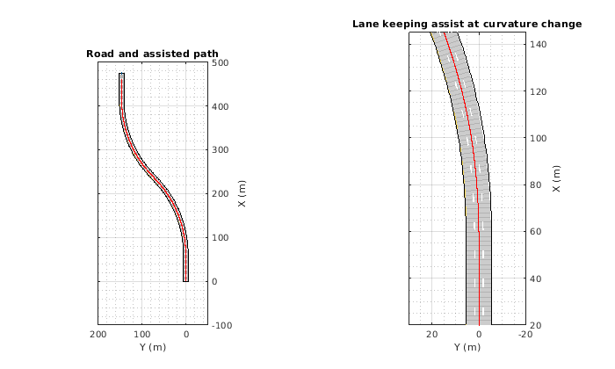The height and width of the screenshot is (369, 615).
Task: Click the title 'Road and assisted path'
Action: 152,54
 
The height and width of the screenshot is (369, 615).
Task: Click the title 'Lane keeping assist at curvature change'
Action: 467,24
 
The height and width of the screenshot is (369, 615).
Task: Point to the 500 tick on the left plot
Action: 221,63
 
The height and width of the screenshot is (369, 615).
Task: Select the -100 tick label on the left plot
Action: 222,325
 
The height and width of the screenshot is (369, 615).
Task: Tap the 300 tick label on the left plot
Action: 221,150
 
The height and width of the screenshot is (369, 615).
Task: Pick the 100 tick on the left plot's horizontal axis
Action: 142,335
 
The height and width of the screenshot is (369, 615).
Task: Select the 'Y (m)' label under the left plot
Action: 153,348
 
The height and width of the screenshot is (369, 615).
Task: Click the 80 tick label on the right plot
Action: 536,184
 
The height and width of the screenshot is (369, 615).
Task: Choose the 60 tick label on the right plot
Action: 536,232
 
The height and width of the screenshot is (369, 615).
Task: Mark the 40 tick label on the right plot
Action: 536,279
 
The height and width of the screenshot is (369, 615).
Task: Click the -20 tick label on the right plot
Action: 525,335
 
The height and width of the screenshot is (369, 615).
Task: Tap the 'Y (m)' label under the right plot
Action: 467,348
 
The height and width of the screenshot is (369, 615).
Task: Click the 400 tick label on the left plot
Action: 221,107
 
